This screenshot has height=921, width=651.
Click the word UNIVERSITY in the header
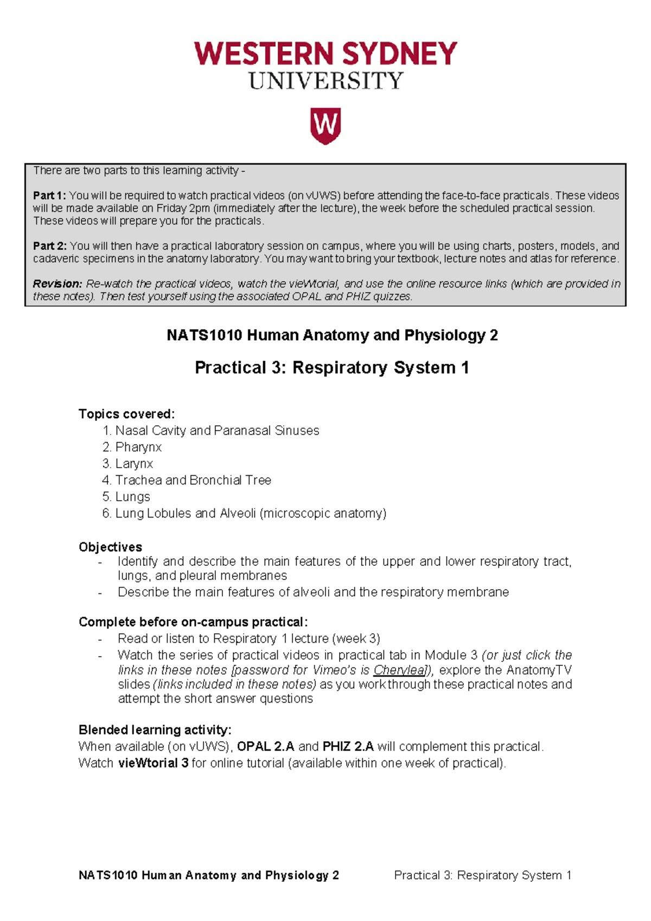[325, 81]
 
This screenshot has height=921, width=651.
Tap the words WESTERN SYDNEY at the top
[325, 54]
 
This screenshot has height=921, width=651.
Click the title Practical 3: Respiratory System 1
[331, 368]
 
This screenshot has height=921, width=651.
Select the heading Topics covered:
[126, 414]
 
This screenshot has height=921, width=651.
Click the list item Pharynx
[138, 447]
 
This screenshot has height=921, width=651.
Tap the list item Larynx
[134, 464]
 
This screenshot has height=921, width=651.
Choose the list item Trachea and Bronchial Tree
[193, 480]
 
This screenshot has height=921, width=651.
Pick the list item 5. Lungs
[126, 497]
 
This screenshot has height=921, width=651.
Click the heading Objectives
[110, 547]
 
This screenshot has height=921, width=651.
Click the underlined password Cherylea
[399, 670]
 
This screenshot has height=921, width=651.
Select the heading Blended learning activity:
[155, 729]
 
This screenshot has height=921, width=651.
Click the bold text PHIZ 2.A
[348, 747]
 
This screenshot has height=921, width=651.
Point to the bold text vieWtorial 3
[153, 763]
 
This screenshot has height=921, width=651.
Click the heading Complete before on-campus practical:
[193, 622]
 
